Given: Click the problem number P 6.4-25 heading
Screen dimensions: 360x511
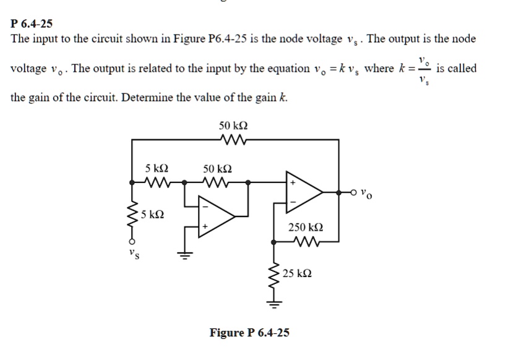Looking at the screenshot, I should click(x=32, y=24).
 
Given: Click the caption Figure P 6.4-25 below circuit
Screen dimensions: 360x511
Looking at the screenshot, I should click(x=249, y=333).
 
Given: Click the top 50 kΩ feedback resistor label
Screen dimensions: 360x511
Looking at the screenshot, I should click(x=234, y=126).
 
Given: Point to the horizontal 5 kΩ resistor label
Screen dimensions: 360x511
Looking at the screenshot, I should click(x=157, y=168).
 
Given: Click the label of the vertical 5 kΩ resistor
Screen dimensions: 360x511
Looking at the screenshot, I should click(x=152, y=215).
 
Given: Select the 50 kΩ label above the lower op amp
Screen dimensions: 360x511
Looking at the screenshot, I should click(x=218, y=168).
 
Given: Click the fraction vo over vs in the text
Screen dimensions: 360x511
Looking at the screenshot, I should click(x=423, y=69).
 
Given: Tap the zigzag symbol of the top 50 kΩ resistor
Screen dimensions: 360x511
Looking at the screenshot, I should click(x=234, y=140).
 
